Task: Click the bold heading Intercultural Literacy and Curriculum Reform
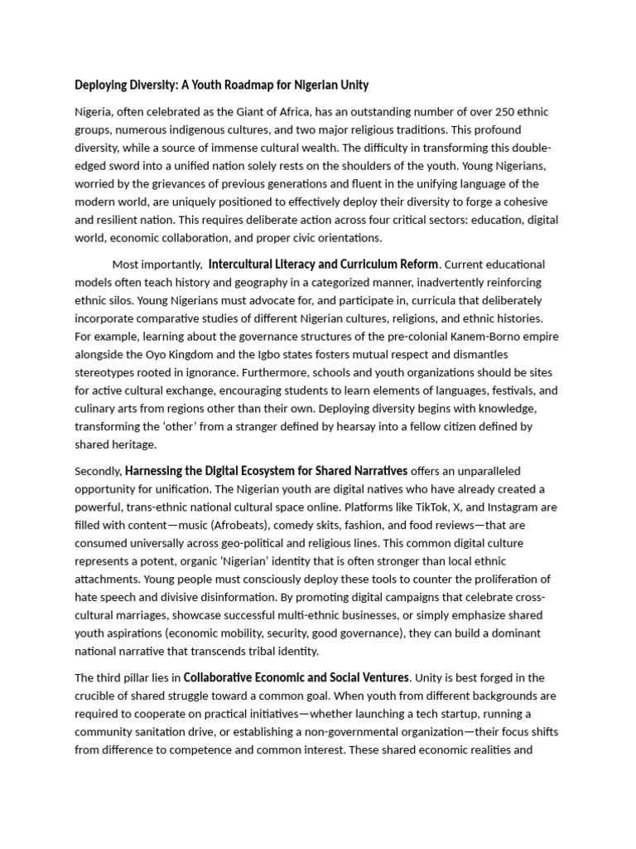pos(323,264)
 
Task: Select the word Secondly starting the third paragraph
pos(98,471)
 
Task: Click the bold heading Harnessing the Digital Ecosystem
pos(267,471)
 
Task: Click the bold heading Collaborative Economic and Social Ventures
pos(296,677)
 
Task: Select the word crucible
pos(100,696)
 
